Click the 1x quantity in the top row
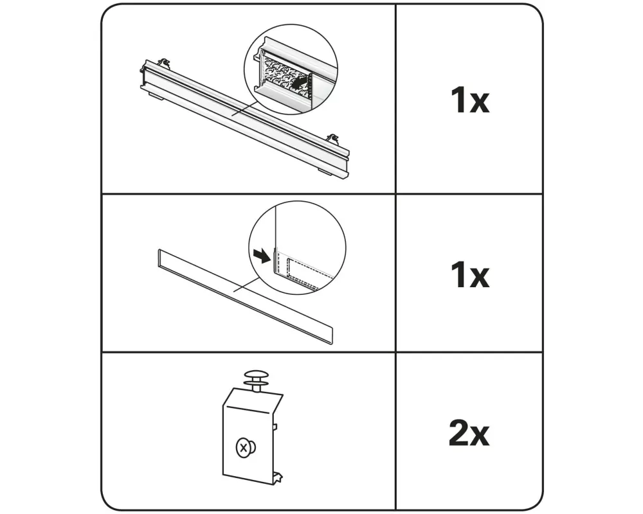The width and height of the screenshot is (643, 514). click(x=469, y=100)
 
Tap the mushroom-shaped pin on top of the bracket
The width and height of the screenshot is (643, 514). click(x=256, y=381)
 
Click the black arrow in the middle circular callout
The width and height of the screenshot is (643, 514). click(x=262, y=256)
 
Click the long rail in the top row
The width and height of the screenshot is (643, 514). click(x=245, y=119)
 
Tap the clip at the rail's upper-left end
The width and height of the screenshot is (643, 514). click(x=164, y=62)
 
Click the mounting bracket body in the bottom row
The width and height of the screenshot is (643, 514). click(x=251, y=434)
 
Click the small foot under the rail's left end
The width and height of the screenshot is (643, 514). click(x=156, y=96)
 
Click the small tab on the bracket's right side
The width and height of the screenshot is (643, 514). click(x=275, y=427)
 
